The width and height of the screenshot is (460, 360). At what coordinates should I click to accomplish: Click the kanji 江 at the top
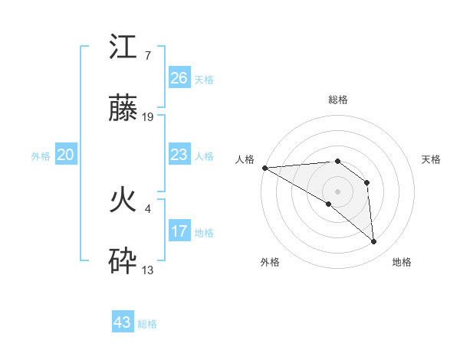(x=123, y=48)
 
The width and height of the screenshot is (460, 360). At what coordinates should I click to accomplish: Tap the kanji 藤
(x=123, y=112)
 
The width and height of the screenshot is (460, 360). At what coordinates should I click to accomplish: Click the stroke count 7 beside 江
(x=147, y=56)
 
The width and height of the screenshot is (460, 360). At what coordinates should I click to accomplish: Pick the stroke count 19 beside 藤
(x=149, y=117)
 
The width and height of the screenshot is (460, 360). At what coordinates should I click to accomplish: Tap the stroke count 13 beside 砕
(x=149, y=270)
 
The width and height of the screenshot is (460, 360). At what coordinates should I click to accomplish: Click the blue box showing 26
(x=179, y=77)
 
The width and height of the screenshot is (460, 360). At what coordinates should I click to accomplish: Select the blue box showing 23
(x=179, y=155)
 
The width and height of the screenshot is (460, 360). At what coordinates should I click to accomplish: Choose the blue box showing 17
(x=179, y=231)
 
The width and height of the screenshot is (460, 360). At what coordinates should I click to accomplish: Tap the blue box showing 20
(x=65, y=155)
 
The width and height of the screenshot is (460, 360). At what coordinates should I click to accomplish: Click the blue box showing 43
(x=123, y=322)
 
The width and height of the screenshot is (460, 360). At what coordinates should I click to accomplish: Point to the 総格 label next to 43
(x=147, y=324)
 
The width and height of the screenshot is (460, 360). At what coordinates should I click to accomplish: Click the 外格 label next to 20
(x=41, y=156)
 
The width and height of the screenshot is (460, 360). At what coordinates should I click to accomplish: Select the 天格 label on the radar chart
(x=432, y=159)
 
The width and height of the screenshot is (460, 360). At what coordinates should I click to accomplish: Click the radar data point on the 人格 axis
(x=264, y=168)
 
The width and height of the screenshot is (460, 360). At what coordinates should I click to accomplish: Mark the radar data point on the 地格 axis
(x=373, y=241)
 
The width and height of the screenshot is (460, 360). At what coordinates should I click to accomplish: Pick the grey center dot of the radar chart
(x=337, y=191)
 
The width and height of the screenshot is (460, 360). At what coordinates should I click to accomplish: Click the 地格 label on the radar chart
(x=402, y=262)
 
